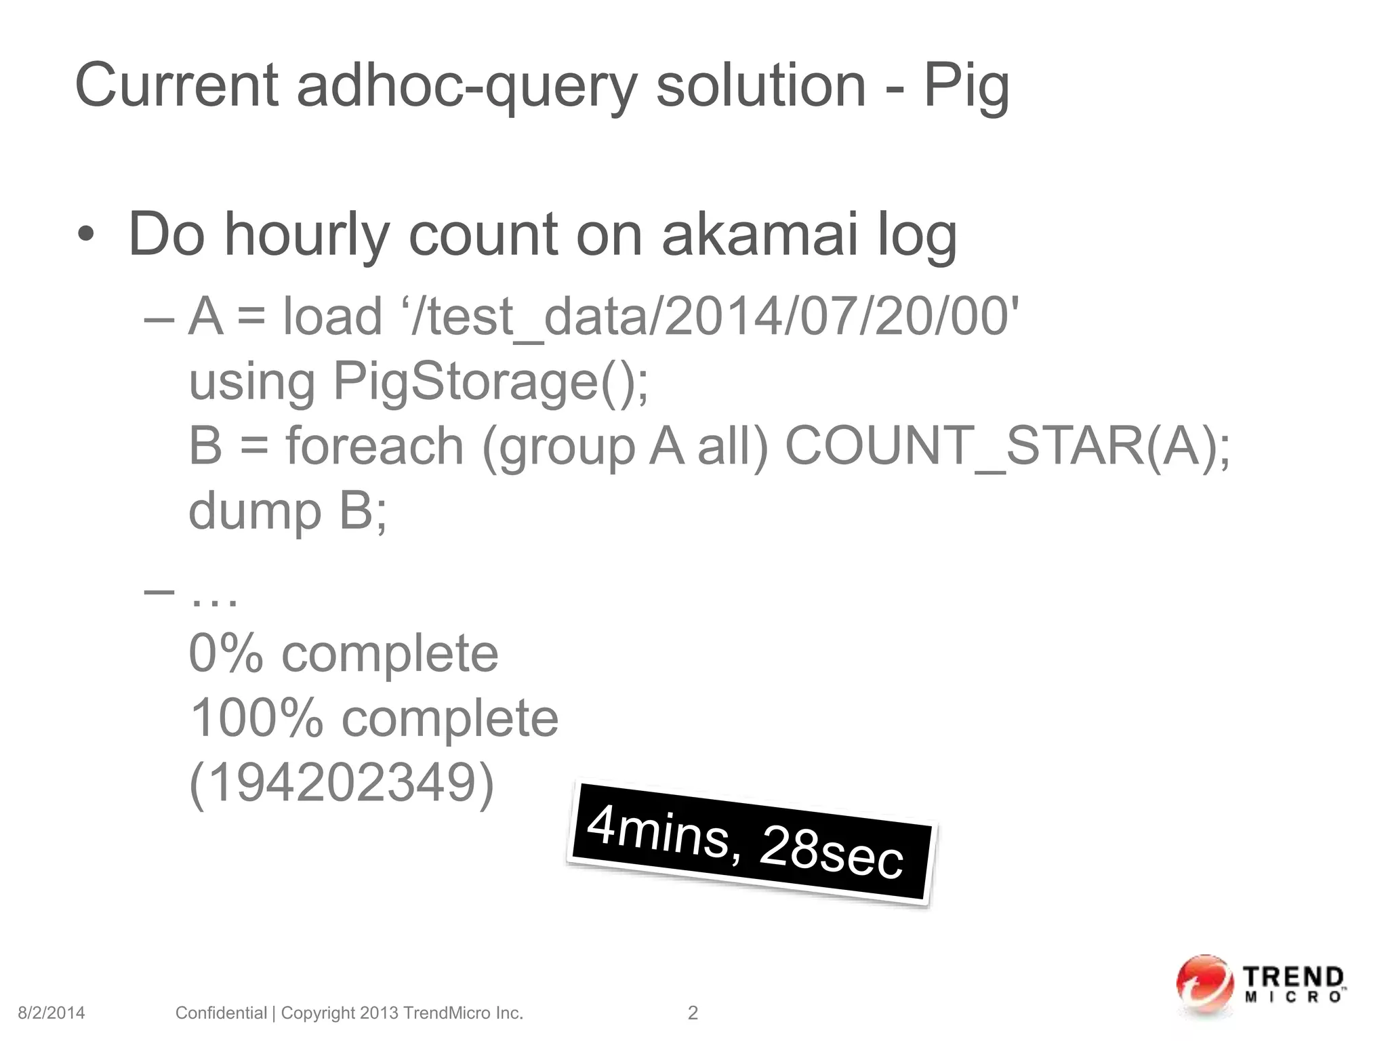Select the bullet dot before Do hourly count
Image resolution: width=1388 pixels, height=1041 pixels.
tap(86, 235)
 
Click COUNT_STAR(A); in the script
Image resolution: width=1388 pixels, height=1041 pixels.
tap(1007, 446)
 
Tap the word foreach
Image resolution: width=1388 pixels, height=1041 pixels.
tap(375, 446)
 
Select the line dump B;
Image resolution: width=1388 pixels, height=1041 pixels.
tap(287, 510)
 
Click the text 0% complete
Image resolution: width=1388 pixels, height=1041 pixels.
tap(344, 653)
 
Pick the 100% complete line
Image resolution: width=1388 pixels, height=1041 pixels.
tap(374, 718)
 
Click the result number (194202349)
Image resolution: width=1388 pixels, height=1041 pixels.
tap(342, 783)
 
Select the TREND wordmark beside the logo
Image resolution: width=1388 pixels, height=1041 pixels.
tap(1293, 979)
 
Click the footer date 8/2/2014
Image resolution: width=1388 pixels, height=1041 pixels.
tap(52, 1013)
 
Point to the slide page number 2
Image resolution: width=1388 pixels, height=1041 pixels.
tap(693, 1013)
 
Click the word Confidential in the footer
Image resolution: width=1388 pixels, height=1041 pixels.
tap(221, 1013)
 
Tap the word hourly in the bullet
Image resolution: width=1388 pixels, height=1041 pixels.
tap(307, 236)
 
